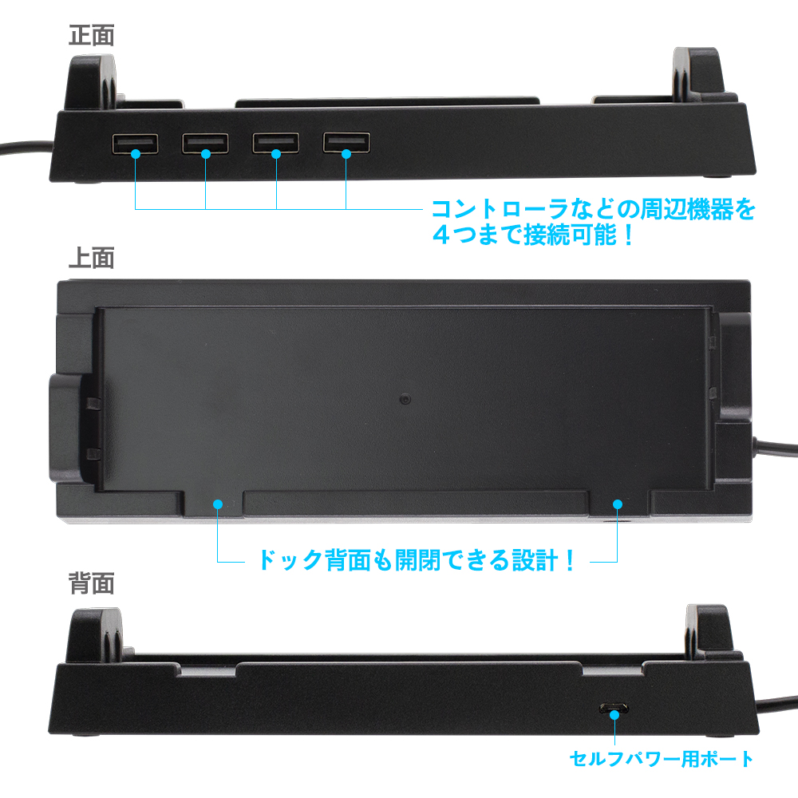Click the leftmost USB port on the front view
135,144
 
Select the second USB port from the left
205,143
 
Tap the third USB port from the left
276,143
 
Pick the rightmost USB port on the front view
346,142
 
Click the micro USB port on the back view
614,708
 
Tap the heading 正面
92,36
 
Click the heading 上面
92,258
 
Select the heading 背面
92,583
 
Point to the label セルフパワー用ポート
661,759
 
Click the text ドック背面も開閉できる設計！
417,560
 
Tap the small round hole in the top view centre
405,398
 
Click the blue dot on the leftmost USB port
136,153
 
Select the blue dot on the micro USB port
614,714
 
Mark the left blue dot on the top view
218,504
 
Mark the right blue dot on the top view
618,504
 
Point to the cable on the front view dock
26,148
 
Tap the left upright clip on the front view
92,83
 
